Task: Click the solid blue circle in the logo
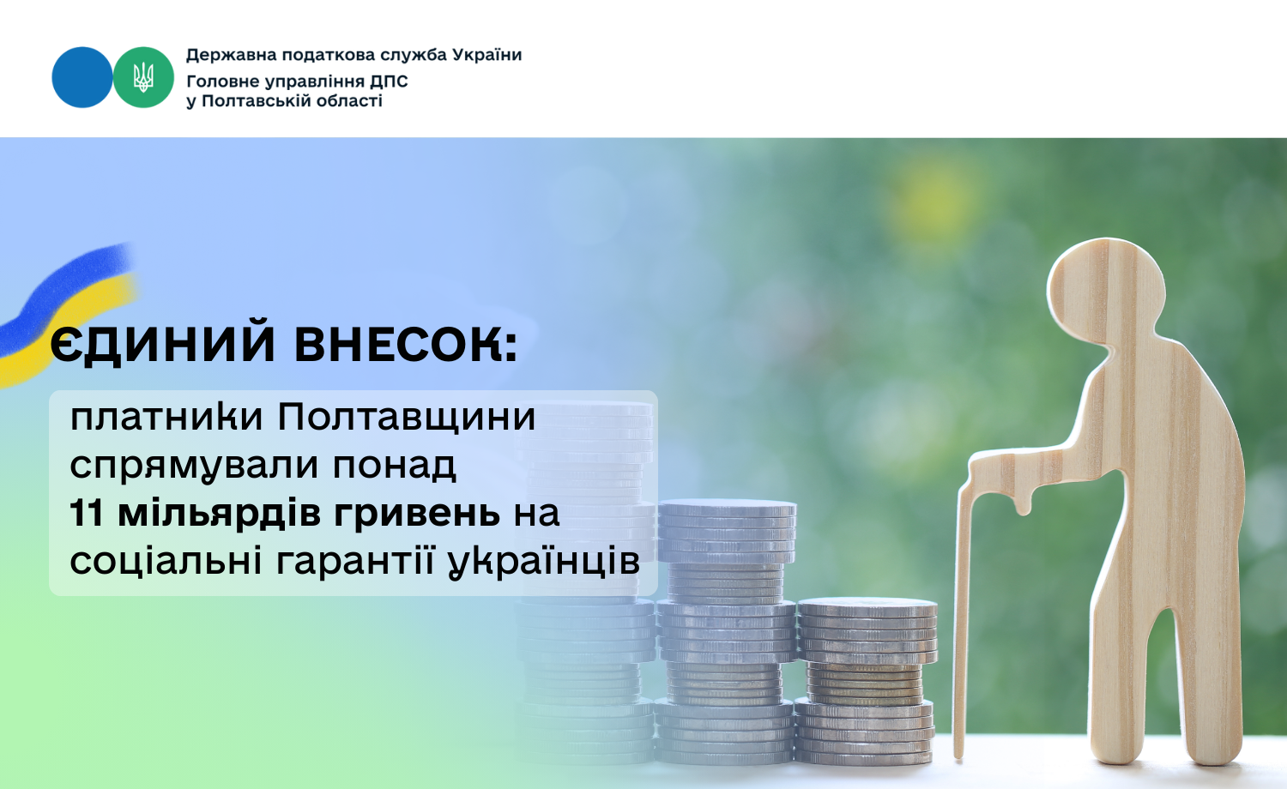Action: pos(82,77)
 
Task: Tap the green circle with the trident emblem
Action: pos(143,77)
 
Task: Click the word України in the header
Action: pos(487,55)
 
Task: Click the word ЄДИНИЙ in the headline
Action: pos(163,345)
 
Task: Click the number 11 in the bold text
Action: pos(87,513)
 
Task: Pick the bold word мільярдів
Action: pos(220,514)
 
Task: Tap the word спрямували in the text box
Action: pos(194,467)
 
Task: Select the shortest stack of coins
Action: pos(866,681)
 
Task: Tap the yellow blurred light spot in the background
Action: pos(934,201)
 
